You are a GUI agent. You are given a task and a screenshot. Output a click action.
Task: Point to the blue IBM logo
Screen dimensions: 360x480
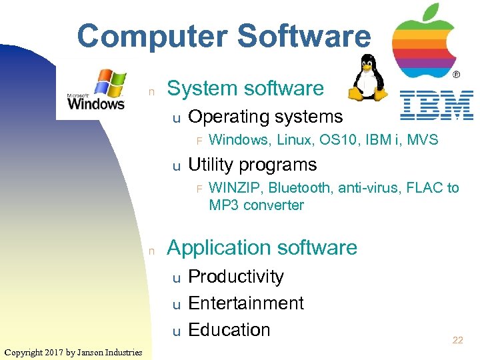[x=437, y=105]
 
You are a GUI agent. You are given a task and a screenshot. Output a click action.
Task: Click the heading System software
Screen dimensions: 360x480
[x=245, y=88]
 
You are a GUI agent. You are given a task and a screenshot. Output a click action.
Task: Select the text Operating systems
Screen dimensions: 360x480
[x=265, y=117]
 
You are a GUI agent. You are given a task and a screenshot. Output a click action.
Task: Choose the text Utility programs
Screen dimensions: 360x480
[x=253, y=165]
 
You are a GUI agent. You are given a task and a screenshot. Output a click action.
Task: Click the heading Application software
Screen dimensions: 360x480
[x=262, y=247]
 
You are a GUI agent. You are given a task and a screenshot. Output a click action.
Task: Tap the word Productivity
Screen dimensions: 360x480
[x=236, y=277]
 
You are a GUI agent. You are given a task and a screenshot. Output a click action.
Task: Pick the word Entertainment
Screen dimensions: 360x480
[x=246, y=303]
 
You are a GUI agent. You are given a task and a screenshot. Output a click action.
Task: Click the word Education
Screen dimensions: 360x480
[x=229, y=330]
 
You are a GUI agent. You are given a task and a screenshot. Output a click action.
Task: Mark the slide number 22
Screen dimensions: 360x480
[x=457, y=341]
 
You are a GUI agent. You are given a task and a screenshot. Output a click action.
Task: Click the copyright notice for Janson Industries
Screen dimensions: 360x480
[x=73, y=352]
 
